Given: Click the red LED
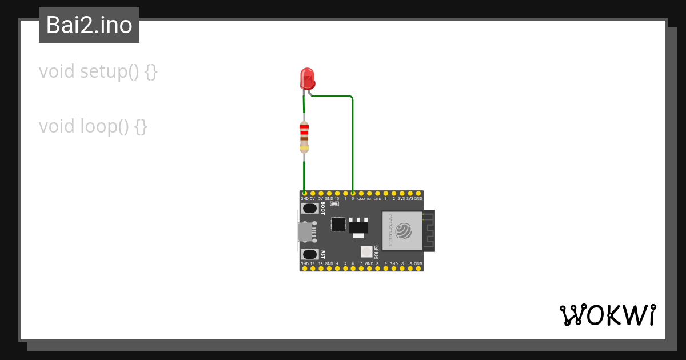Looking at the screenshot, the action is pos(307,78).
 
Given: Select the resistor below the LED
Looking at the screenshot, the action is pos(304,137).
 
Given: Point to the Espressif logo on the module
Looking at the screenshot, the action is pos(404,231).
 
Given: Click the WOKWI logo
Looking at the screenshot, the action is pos(608,315).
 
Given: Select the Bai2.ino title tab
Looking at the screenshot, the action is pos(89,25).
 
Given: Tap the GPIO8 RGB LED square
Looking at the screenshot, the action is pos(366,251).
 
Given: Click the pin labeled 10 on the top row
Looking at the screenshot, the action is pos(337,194).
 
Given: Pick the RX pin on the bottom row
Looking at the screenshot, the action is pos(402,268).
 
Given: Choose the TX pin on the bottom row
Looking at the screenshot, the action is pos(410,268).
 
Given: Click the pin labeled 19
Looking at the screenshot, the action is pos(313,268).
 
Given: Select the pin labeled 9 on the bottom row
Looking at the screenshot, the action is pos(385,268).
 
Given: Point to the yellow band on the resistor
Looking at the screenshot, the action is pos(304,148).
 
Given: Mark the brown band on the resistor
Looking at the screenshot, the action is pos(304,139).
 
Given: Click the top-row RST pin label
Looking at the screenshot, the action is pos(369,199).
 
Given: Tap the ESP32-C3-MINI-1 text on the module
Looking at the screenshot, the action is pos(390,230).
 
